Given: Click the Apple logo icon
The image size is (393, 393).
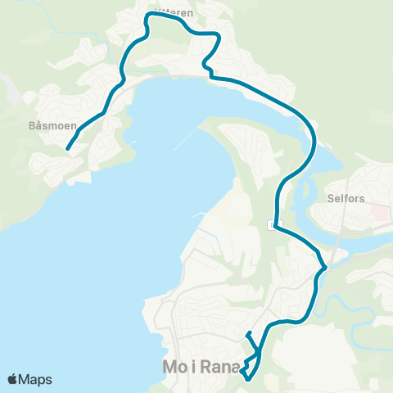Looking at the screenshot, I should point(13,380).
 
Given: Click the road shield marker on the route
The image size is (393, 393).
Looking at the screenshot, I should point(274,224).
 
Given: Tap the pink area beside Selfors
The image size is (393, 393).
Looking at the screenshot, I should point(380,212).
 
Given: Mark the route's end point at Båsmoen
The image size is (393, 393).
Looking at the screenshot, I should point(67,149).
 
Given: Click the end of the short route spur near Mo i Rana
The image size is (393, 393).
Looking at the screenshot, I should point(246,332).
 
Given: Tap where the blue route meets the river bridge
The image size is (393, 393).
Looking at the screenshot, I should point(325,267).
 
